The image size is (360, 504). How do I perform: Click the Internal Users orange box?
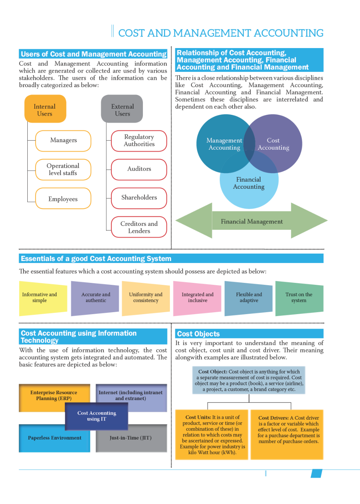click(x=45, y=110)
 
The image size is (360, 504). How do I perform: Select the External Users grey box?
click(x=122, y=110)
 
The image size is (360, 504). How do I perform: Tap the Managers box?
click(x=63, y=140)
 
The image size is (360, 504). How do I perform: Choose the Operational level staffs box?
click(x=63, y=169)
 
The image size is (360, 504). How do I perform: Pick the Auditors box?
click(x=139, y=169)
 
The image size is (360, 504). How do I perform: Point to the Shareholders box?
click(x=139, y=198)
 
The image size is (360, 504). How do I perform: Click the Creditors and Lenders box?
click(x=139, y=227)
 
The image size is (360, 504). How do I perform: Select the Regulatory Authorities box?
click(x=139, y=141)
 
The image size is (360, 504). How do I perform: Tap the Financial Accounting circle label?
click(x=249, y=183)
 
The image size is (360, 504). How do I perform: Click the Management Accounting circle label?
click(x=224, y=144)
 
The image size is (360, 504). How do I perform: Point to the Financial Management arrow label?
click(x=252, y=222)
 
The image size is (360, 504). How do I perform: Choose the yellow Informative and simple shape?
click(x=39, y=298)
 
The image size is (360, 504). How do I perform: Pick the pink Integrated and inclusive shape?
click(x=198, y=298)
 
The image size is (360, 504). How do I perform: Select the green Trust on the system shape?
click(x=299, y=298)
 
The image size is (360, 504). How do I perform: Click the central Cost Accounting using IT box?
click(x=96, y=416)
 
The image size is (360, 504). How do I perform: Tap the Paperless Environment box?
click(x=55, y=438)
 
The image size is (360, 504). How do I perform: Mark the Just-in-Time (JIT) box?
click(x=130, y=438)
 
